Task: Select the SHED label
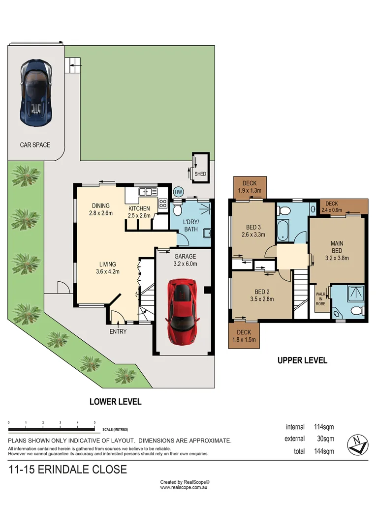click(200, 174)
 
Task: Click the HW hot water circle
click(178, 192)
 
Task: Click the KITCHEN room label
click(139, 208)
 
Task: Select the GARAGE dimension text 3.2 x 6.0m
click(185, 264)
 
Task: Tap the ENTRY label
click(118, 331)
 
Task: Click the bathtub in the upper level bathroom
click(284, 231)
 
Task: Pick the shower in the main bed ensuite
click(354, 294)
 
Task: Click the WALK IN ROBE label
click(321, 298)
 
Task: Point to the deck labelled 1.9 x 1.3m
click(250, 187)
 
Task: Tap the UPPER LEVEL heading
click(302, 360)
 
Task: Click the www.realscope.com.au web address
click(185, 488)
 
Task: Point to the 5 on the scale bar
click(94, 423)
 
